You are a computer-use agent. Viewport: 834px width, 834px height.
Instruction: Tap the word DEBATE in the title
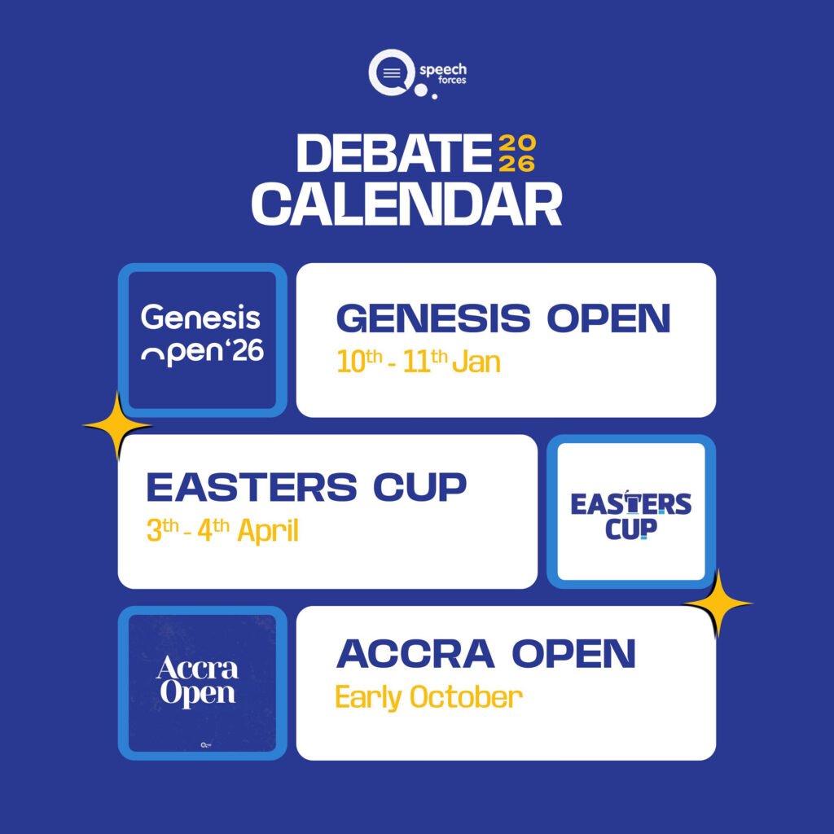coord(394,153)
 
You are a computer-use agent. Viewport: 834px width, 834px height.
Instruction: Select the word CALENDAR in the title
coord(406,204)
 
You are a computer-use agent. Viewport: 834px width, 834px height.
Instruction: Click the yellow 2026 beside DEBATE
coord(517,153)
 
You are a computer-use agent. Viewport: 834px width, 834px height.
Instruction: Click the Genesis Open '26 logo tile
coord(203,340)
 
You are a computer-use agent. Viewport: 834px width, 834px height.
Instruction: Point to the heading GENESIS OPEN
coord(503,318)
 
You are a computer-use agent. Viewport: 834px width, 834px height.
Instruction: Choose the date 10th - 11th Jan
coord(419,362)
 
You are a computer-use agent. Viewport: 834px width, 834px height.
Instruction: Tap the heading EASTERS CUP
coord(306,487)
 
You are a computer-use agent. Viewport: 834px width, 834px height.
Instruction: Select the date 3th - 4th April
coord(222,530)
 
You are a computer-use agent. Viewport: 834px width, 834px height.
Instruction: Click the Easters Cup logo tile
coord(631,511)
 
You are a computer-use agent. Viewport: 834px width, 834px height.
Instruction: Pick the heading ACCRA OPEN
coord(486,653)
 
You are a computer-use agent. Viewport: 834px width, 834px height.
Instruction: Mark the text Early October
coord(428,697)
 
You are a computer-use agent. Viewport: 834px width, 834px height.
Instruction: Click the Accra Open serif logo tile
coord(203,683)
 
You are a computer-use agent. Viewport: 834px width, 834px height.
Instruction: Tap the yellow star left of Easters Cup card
coord(117,426)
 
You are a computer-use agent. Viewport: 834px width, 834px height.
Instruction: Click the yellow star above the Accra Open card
coord(718,604)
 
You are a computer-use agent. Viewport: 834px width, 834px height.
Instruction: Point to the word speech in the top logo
coord(443,70)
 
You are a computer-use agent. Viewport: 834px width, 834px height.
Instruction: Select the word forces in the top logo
coord(452,81)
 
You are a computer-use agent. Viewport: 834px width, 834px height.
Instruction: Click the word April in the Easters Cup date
coord(268,530)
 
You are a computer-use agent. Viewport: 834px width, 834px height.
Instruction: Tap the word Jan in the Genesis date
coord(476,362)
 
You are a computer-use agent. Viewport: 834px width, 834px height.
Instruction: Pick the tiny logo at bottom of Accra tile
coord(206,745)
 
